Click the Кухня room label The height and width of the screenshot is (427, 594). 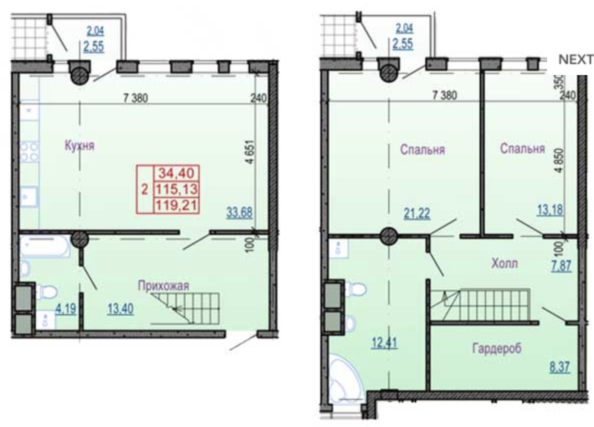pyautogui.click(x=79, y=145)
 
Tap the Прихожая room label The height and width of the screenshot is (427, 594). pyautogui.click(x=163, y=285)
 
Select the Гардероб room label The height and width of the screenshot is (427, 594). pyautogui.click(x=497, y=347)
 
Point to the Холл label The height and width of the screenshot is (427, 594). pyautogui.click(x=504, y=263)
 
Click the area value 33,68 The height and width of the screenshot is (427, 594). pyautogui.click(x=240, y=212)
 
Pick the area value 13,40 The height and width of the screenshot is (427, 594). pyautogui.click(x=120, y=308)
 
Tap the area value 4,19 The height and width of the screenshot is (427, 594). pyautogui.click(x=66, y=308)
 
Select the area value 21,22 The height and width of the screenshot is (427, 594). pyautogui.click(x=417, y=213)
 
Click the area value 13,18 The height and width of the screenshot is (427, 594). pyautogui.click(x=550, y=209)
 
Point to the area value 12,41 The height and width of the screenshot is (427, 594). pyautogui.click(x=384, y=342)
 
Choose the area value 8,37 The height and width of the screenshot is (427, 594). pyautogui.click(x=560, y=367)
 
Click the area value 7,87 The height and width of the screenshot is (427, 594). pyautogui.click(x=562, y=265)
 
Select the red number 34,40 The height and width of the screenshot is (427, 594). pyautogui.click(x=177, y=173)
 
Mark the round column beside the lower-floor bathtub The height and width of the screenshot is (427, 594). pyautogui.click(x=79, y=239)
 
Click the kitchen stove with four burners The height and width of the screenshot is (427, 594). pyautogui.click(x=29, y=151)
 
